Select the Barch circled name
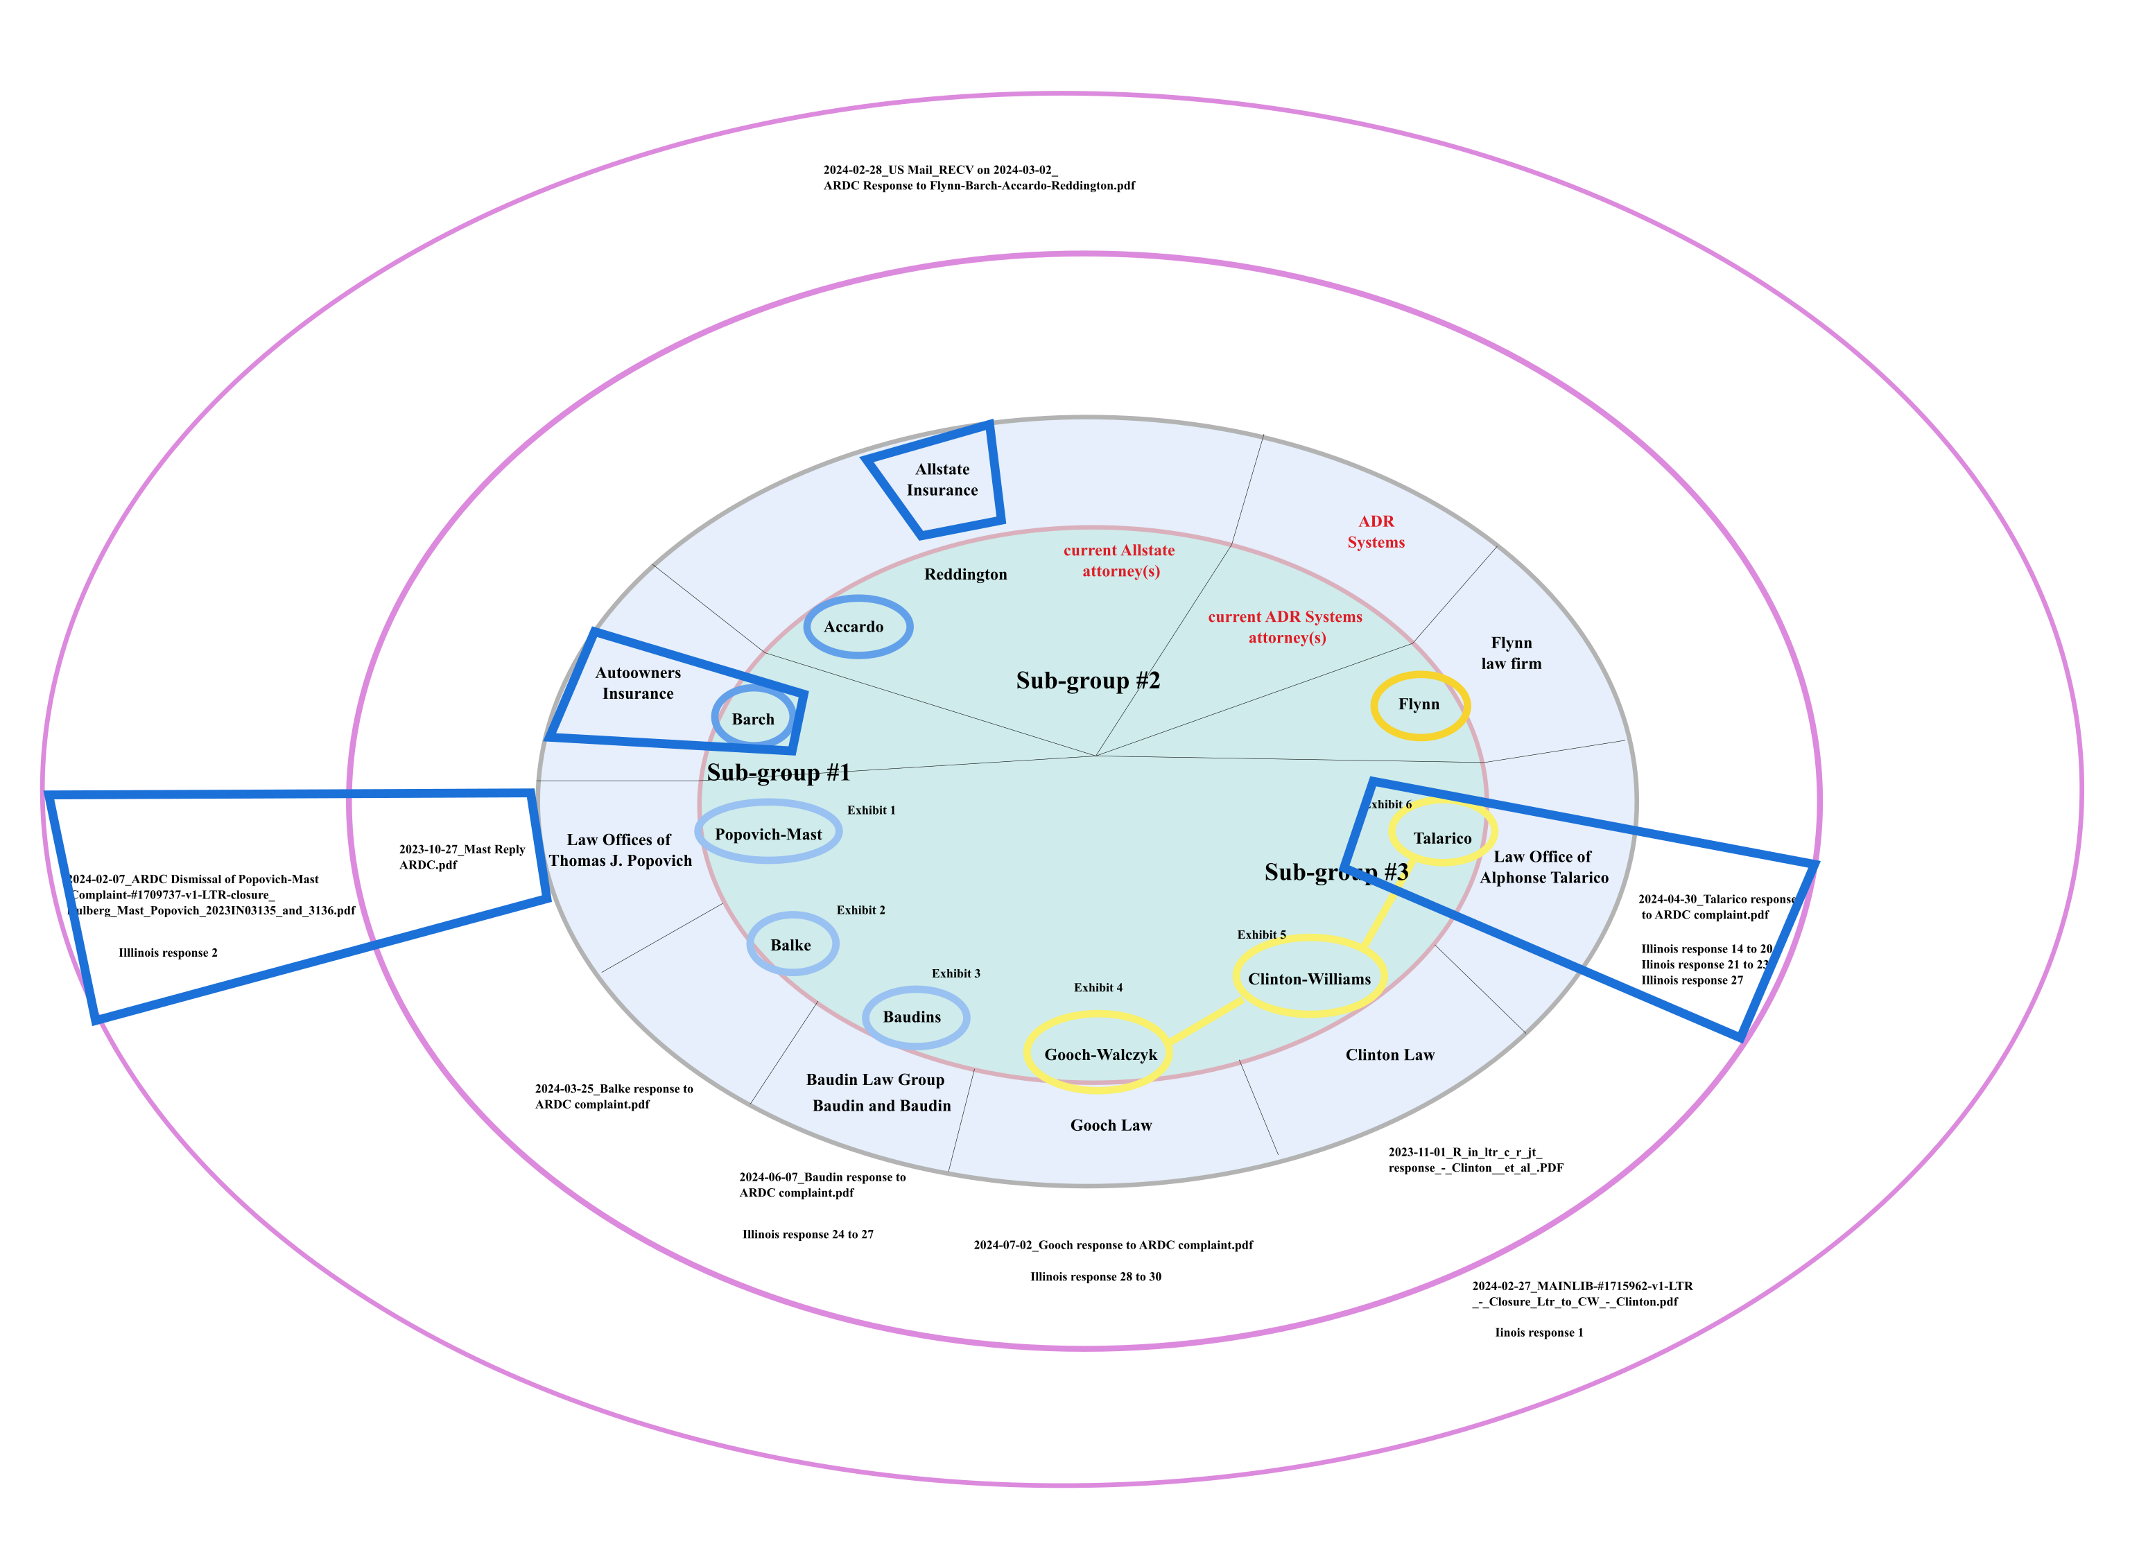pyautogui.click(x=753, y=719)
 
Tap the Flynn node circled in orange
pyautogui.click(x=1419, y=704)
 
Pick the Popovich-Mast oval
pyautogui.click(x=768, y=833)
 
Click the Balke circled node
pyautogui.click(x=792, y=944)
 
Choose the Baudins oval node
pyautogui.click(x=914, y=1017)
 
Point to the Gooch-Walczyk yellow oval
pyautogui.click(x=1100, y=1054)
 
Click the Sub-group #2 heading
pyautogui.click(x=1087, y=680)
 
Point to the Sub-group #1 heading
pyautogui.click(x=779, y=772)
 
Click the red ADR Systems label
pyautogui.click(x=1376, y=531)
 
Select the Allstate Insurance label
pyautogui.click(x=942, y=479)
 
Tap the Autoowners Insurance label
pyautogui.click(x=637, y=683)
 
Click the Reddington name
pyautogui.click(x=965, y=574)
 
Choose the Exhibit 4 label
pyautogui.click(x=1098, y=987)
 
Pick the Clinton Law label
pyautogui.click(x=1389, y=1054)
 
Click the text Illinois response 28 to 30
pyautogui.click(x=1095, y=1276)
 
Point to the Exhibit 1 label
pyautogui.click(x=870, y=810)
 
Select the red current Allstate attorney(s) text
pyautogui.click(x=1119, y=560)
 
